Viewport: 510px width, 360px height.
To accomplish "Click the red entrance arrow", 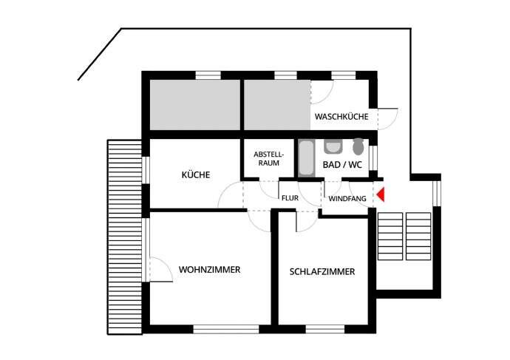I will pyautogui.click(x=381, y=195).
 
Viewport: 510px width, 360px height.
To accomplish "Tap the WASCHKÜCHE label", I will pyautogui.click(x=341, y=117).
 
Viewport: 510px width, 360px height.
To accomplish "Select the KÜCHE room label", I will pyautogui.click(x=196, y=175).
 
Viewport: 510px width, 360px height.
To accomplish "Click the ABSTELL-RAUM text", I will pyautogui.click(x=268, y=158).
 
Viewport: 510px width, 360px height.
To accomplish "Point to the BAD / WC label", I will pyautogui.click(x=342, y=165).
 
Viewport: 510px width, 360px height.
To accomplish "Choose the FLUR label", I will pyautogui.click(x=288, y=198).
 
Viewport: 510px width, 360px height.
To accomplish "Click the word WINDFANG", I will pyautogui.click(x=347, y=199).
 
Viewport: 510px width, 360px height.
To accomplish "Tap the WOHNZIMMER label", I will pyautogui.click(x=209, y=270).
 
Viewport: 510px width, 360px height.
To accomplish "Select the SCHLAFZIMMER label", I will pyautogui.click(x=322, y=272).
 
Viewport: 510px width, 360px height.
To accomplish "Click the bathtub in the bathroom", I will pyautogui.click(x=306, y=157).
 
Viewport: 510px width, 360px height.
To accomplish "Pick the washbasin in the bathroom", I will pyautogui.click(x=333, y=146).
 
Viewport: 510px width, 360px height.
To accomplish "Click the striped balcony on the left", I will pyautogui.click(x=123, y=235).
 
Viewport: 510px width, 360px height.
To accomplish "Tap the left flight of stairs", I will pyautogui.click(x=390, y=235).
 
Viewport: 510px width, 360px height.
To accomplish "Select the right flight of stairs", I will pyautogui.click(x=418, y=235).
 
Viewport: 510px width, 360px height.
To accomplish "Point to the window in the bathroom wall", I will pyautogui.click(x=373, y=157).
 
